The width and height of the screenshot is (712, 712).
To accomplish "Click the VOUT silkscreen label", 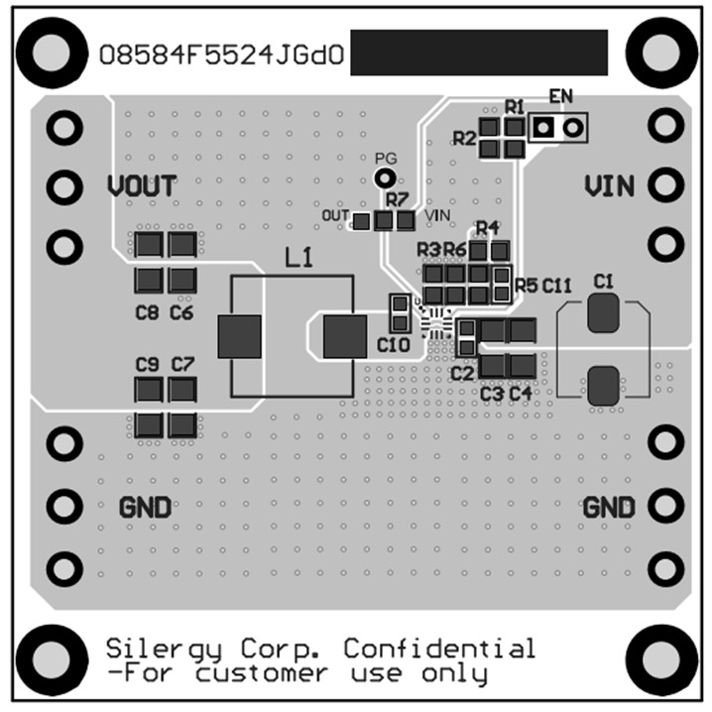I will point(142,185).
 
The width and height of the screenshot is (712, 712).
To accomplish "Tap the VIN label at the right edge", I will point(610,185).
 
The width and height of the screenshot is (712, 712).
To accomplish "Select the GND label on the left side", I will point(145,507).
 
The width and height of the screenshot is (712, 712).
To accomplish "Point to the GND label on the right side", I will point(608,507).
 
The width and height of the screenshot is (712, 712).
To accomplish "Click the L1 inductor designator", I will point(298,259).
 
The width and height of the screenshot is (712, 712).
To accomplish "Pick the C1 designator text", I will point(603,283).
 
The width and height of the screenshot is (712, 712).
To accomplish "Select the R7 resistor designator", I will point(398,200).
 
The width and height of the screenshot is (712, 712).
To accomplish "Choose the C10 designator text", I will point(394,346).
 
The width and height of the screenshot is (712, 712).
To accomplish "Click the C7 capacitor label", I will point(182,365).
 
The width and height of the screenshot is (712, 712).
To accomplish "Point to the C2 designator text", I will point(462,374).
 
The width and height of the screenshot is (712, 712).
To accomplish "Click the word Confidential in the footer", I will point(439,649).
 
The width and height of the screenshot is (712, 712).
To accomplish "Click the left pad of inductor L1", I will point(239,336).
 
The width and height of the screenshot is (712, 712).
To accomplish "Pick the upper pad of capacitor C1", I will point(602,314).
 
